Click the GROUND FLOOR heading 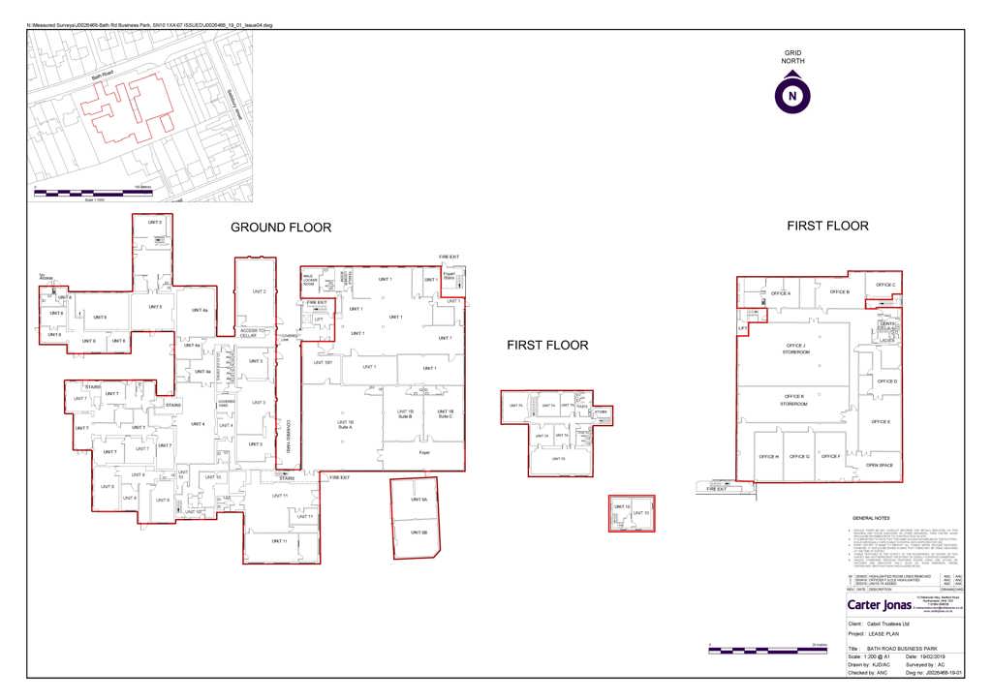[280, 228]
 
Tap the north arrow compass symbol [792, 96]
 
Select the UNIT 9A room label [418, 501]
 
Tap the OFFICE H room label [769, 456]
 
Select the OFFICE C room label [885, 285]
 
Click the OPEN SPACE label [879, 465]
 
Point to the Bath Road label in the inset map [104, 76]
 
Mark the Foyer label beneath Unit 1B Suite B [423, 451]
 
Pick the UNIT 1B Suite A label [345, 425]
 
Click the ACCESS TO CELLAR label [256, 334]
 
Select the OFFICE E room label [881, 422]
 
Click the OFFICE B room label [840, 291]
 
